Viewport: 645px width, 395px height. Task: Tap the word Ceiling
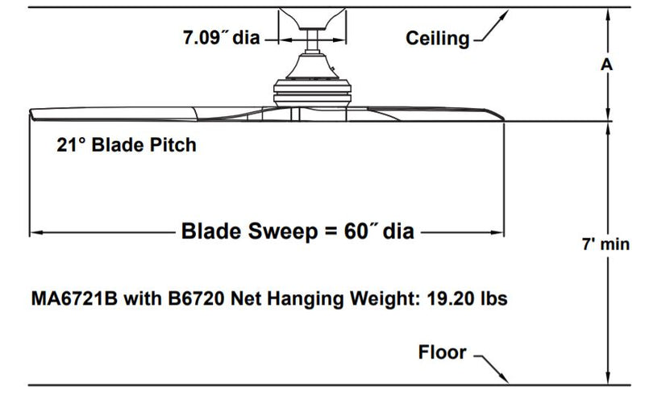coord(437,38)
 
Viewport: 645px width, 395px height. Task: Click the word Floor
coord(443,352)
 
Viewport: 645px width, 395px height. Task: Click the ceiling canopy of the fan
coord(313,24)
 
